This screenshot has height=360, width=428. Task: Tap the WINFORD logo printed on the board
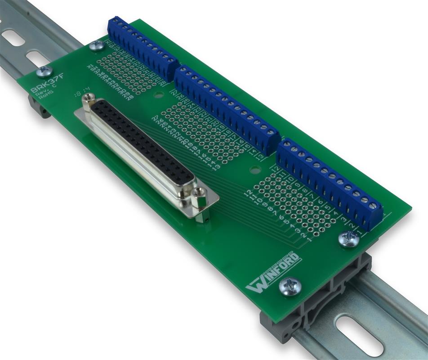272,273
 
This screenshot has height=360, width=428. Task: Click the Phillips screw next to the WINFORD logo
290,286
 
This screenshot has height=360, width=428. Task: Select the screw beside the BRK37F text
44,71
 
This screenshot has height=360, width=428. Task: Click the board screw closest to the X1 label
96,45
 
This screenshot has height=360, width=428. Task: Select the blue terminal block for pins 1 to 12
330,184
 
